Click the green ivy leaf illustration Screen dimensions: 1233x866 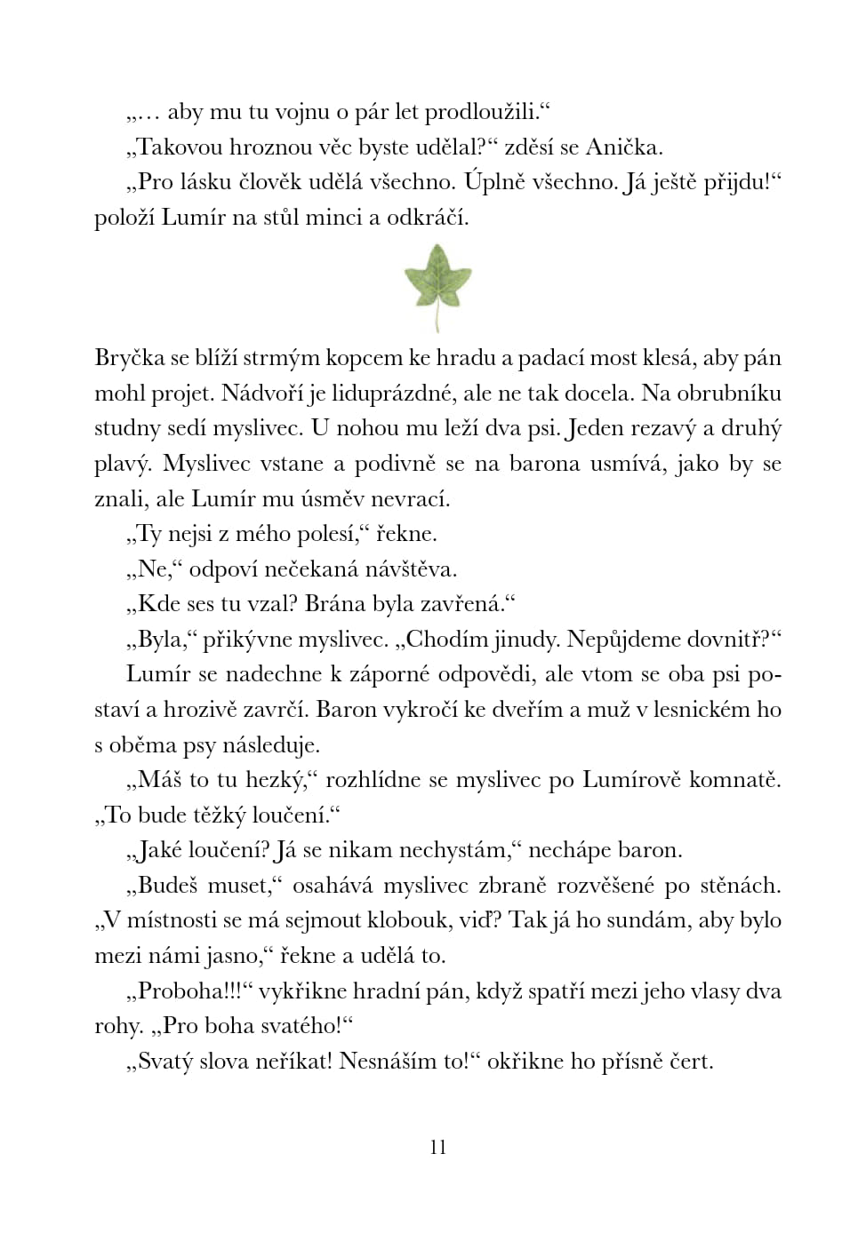437,277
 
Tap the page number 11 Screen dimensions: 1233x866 437,1147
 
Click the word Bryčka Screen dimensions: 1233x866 130,358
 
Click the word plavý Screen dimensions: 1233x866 122,465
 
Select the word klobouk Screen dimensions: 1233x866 387,919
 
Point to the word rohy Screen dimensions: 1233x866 118,1027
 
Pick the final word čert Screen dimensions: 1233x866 691,1062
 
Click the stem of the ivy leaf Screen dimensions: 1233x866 437,318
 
